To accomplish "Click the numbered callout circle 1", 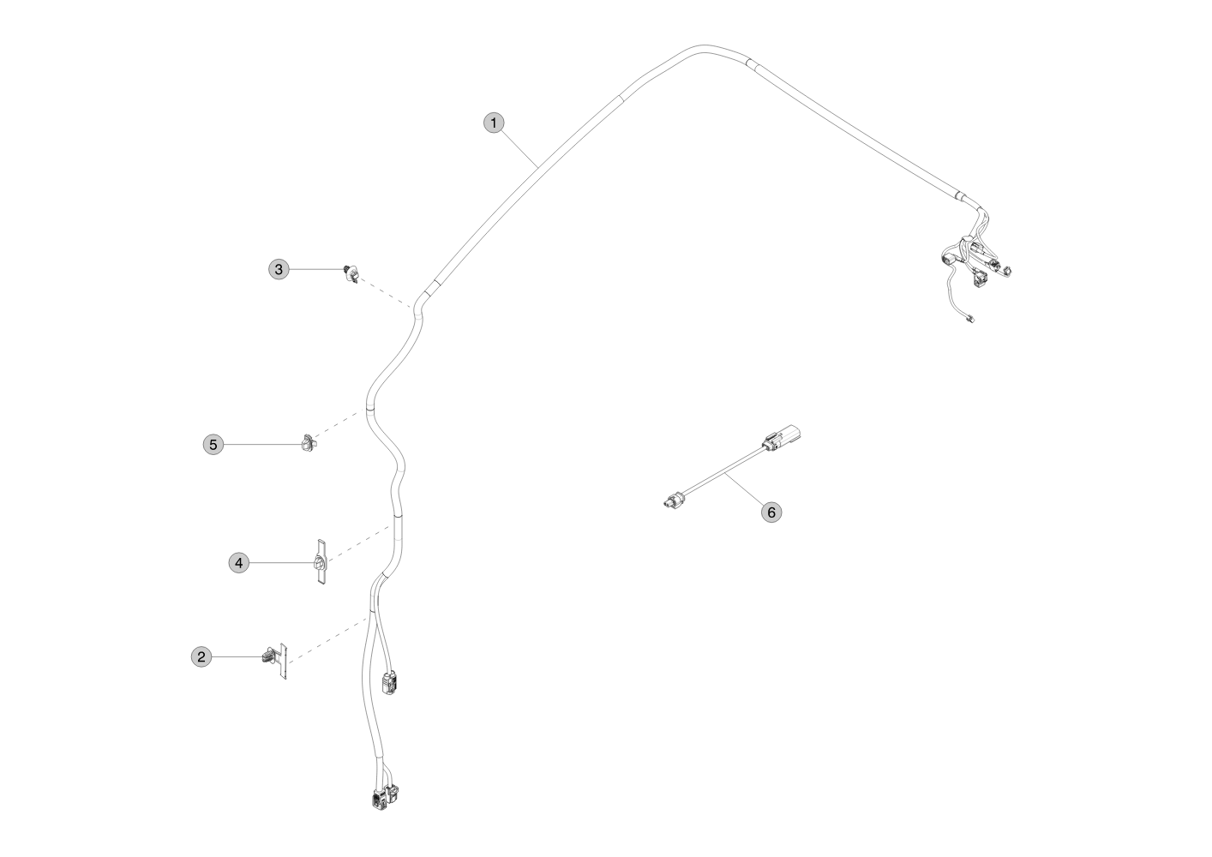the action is pos(494,123).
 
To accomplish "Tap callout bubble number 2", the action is pos(201,656).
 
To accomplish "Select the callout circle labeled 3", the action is pos(279,269).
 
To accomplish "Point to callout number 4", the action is pos(238,563).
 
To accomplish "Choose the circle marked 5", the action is pos(213,444).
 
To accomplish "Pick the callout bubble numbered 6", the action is pos(771,512).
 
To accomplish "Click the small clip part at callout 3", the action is pos(351,273).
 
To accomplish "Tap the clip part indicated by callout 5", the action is pos(309,442).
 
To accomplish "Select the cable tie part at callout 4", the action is pos(321,563).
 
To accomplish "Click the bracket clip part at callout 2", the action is pos(276,661).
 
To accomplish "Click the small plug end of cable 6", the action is pos(672,501).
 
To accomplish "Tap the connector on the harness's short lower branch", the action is pos(389,683).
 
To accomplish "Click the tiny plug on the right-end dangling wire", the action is pos(969,319).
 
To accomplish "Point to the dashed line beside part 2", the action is pos(328,640).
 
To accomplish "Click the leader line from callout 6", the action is pos(744,489).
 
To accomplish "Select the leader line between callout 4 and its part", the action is pos(281,563).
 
